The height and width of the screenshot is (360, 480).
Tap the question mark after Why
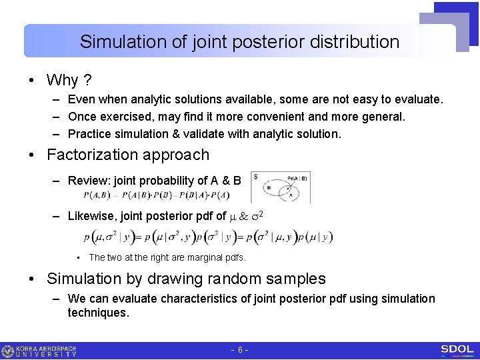pyautogui.click(x=87, y=81)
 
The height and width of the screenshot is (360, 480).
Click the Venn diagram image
pyautogui.click(x=281, y=187)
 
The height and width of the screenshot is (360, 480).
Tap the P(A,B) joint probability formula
pyautogui.click(x=157, y=195)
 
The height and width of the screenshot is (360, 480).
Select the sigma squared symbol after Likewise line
pyautogui.click(x=264, y=215)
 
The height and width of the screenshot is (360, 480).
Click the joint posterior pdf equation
pyautogui.click(x=208, y=237)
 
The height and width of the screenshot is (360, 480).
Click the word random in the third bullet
pyautogui.click(x=240, y=279)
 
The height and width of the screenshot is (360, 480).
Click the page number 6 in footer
pyautogui.click(x=239, y=350)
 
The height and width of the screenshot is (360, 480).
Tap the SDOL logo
pyautogui.click(x=457, y=350)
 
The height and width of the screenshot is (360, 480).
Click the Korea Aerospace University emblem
pyautogui.click(x=8, y=351)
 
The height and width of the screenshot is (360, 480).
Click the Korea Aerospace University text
pyautogui.click(x=47, y=351)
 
